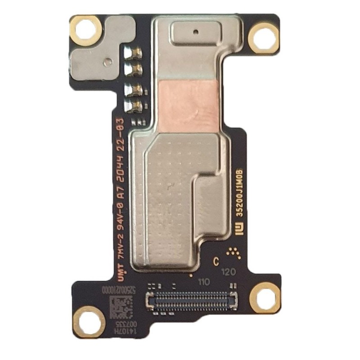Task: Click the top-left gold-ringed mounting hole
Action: [x=85, y=31]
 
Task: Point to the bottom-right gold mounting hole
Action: [x=265, y=297]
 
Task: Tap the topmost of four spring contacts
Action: [x=134, y=54]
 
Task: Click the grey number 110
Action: [x=204, y=283]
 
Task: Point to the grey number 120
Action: [x=230, y=272]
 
